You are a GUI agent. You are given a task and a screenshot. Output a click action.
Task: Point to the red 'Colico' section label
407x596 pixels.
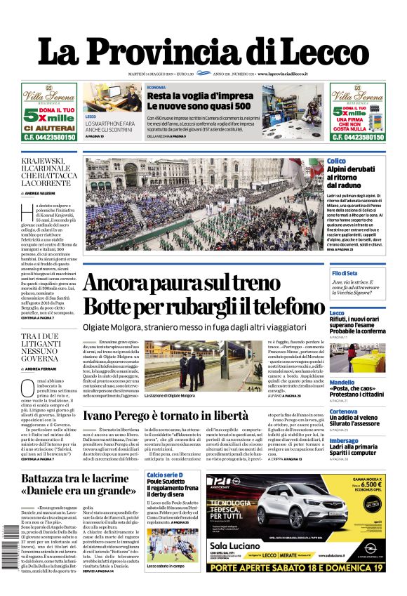click(x=337, y=161)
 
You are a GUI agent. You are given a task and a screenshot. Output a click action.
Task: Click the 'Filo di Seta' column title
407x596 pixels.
click(x=345, y=272)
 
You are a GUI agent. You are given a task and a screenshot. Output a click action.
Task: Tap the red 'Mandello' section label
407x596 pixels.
click(x=342, y=383)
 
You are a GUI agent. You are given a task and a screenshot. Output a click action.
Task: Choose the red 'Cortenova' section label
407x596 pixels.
click(x=344, y=411)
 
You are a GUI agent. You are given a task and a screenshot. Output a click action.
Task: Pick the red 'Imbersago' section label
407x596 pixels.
click(x=344, y=441)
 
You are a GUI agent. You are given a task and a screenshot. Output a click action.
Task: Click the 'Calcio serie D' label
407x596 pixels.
click(x=164, y=475)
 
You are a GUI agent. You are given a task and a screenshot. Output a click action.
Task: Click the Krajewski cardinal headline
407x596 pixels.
click(x=46, y=171)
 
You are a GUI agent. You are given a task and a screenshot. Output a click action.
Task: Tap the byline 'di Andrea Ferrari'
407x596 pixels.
click(x=43, y=369)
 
